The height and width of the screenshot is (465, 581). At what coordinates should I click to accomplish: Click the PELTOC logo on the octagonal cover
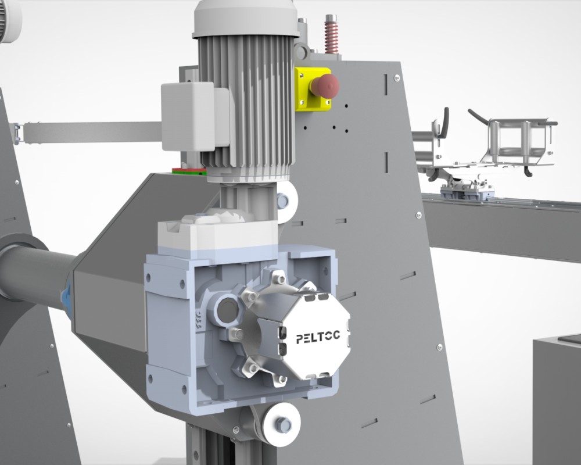click(x=318, y=337)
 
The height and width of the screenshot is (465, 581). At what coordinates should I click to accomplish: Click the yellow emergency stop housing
click(x=313, y=90)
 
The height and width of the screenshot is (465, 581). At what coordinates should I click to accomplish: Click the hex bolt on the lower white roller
click(x=284, y=425)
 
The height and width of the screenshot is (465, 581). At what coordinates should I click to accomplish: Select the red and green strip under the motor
click(x=189, y=171)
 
